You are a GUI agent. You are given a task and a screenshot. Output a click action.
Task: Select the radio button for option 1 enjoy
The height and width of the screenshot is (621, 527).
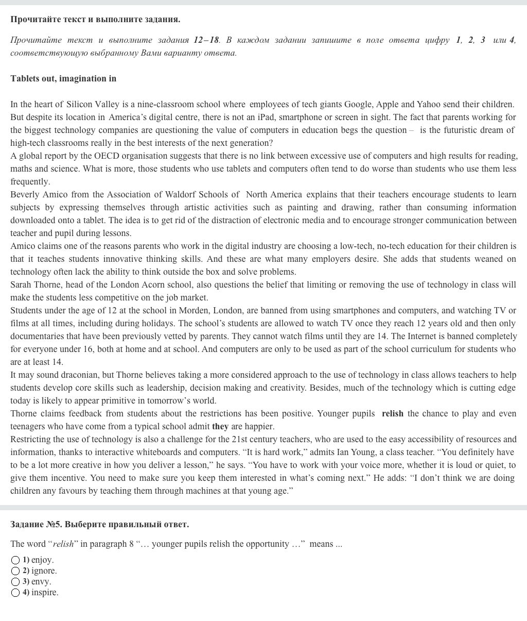(x=15, y=560)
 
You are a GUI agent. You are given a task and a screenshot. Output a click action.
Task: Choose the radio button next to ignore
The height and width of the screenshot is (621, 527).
(x=15, y=571)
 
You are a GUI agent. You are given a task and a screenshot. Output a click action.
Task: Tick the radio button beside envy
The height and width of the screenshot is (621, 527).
(x=15, y=582)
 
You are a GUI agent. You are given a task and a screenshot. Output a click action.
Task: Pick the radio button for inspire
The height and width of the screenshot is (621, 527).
(x=15, y=593)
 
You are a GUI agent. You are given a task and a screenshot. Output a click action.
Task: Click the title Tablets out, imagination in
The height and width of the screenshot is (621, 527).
(x=63, y=78)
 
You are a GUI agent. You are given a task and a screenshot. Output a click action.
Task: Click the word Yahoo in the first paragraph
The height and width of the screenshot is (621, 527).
(x=429, y=104)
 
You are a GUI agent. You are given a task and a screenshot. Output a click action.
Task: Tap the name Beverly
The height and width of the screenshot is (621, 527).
(x=25, y=194)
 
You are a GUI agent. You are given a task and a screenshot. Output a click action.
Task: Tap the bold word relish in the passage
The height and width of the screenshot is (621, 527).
(x=393, y=413)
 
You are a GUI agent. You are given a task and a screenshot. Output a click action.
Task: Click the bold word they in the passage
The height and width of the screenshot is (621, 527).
(x=220, y=426)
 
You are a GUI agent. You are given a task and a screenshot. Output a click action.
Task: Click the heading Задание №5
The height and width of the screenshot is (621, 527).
(x=36, y=524)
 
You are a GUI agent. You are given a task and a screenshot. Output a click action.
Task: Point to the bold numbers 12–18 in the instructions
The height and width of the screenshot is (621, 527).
(x=206, y=40)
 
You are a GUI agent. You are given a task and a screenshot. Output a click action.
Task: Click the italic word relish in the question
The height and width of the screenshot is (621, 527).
(x=63, y=544)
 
